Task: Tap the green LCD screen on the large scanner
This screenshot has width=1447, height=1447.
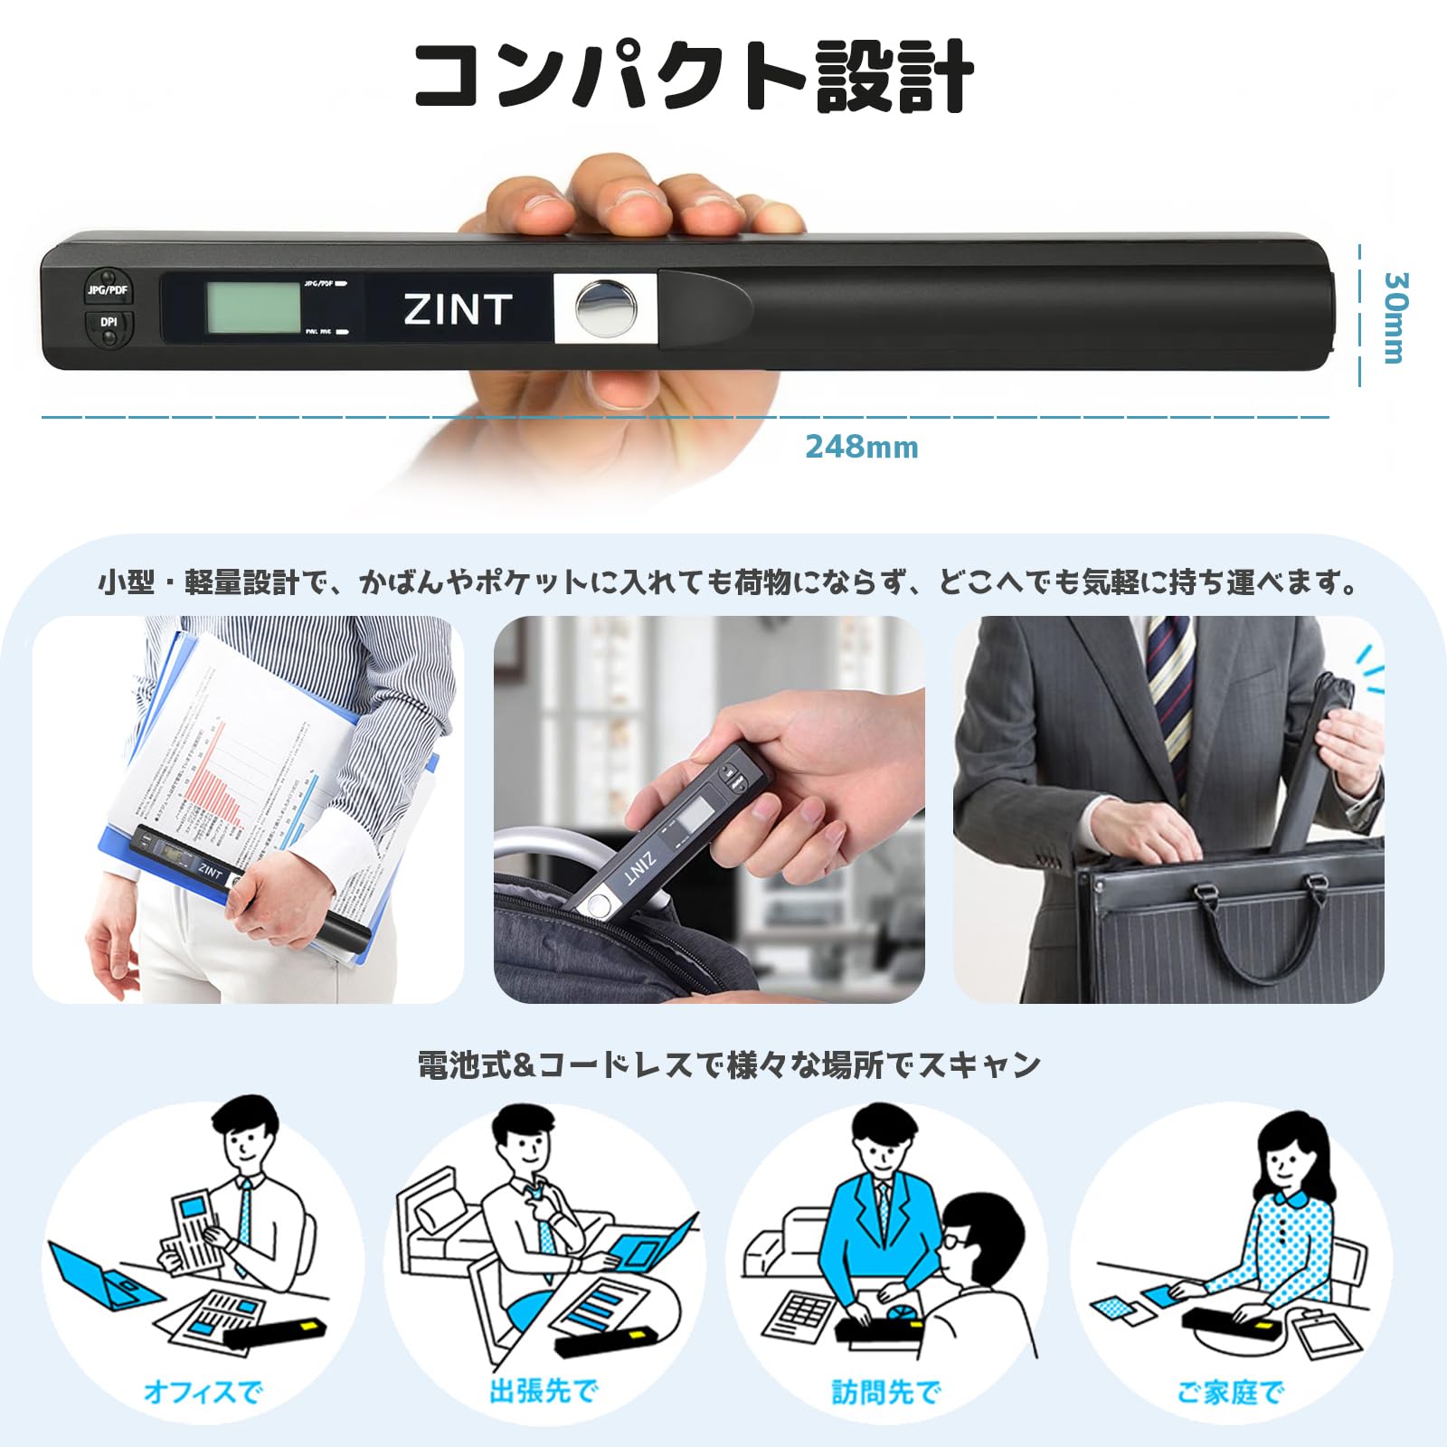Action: [x=253, y=307]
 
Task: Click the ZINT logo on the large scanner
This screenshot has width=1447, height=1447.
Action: [x=458, y=309]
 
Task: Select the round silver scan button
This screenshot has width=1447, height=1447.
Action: [x=604, y=307]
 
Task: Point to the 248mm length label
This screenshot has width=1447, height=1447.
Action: [x=861, y=447]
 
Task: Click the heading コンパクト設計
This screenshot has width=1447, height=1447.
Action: [x=694, y=77]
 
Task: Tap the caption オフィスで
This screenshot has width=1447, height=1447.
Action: [x=203, y=1391]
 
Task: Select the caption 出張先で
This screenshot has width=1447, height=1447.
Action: [x=544, y=1391]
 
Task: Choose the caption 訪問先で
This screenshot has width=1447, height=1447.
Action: [x=886, y=1391]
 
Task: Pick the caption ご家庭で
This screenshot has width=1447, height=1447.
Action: [x=1230, y=1391]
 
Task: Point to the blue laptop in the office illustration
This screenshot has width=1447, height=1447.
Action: [x=99, y=1275]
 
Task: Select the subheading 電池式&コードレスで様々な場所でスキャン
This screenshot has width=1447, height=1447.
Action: [x=729, y=1064]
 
